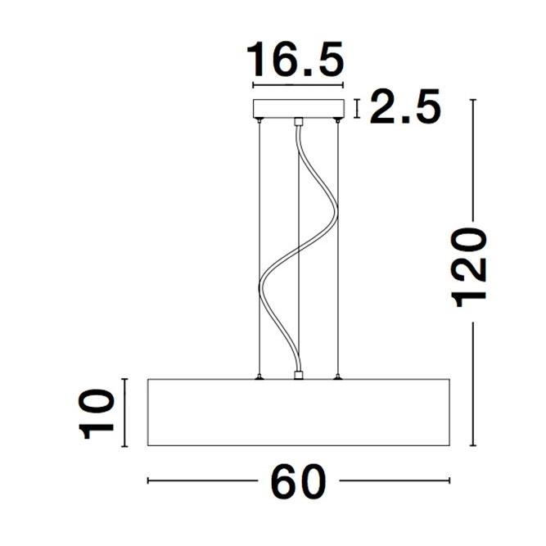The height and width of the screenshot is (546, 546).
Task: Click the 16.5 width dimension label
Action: coord(296,60)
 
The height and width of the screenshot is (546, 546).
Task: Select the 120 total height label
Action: coord(472,268)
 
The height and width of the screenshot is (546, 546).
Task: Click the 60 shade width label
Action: coord(298,482)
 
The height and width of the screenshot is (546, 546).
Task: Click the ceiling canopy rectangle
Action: coord(299,108)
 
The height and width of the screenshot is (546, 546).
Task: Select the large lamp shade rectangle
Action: coord(299,413)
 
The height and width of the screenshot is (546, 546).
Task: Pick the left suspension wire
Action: coord(259,246)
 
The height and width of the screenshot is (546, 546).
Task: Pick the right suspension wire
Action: coord(337,246)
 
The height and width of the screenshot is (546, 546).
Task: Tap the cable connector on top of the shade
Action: coord(299,375)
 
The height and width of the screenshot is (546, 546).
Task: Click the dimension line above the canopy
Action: coord(298,85)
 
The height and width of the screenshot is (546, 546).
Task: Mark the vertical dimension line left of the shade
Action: coord(124,413)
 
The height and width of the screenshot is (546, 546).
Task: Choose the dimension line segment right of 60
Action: coord(394,481)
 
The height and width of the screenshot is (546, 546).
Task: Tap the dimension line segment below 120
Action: coord(472,385)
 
